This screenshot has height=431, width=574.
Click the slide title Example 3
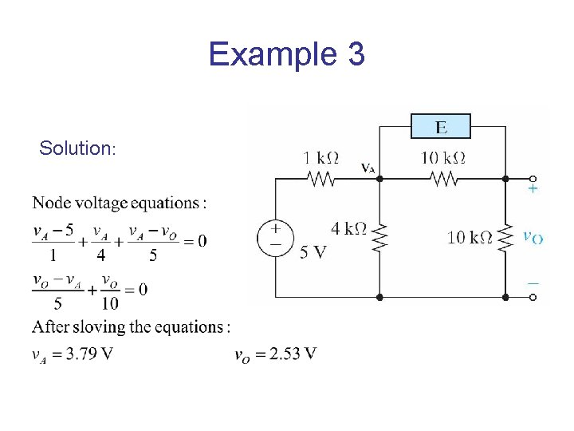pyautogui.click(x=286, y=55)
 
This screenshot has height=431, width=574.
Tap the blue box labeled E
pyautogui.click(x=440, y=127)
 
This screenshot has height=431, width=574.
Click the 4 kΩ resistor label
pyautogui.click(x=348, y=230)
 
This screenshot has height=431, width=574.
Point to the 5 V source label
pyautogui.click(x=313, y=253)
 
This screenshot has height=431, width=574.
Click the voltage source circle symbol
pyautogui.click(x=275, y=238)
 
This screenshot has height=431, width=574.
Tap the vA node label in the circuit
pyautogui.click(x=368, y=168)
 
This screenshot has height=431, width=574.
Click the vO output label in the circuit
pyautogui.click(x=533, y=237)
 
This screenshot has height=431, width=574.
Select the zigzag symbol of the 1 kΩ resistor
pyautogui.click(x=321, y=180)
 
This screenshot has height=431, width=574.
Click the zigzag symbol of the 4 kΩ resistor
pyautogui.click(x=379, y=237)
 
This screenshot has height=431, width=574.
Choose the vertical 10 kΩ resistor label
pyautogui.click(x=470, y=237)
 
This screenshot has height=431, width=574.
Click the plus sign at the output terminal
pyautogui.click(x=533, y=190)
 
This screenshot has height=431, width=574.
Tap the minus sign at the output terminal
pyautogui.click(x=533, y=283)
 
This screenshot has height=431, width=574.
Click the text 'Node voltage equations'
pyautogui.click(x=120, y=203)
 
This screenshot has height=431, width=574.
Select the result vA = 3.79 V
pyautogui.click(x=72, y=354)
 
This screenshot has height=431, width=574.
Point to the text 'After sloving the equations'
pyautogui.click(x=132, y=326)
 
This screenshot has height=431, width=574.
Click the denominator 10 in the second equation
pyautogui.click(x=110, y=303)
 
